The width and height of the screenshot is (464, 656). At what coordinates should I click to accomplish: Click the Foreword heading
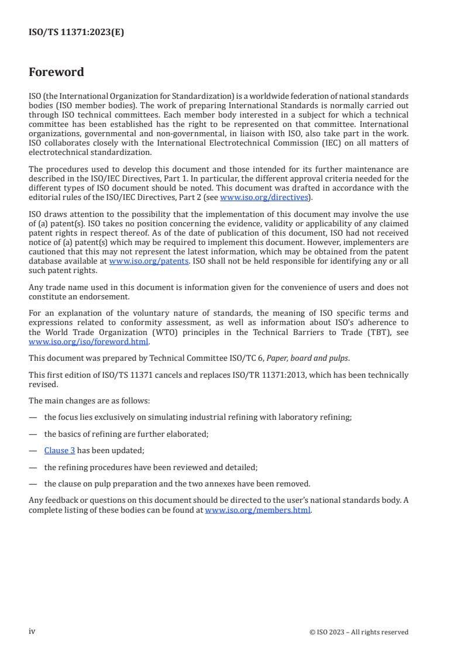click(x=56, y=72)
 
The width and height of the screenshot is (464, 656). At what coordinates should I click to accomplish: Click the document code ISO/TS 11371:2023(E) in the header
click(x=76, y=33)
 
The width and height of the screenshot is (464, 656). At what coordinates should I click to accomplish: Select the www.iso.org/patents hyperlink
click(x=149, y=261)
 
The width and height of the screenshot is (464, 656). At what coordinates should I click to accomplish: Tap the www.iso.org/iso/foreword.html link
click(x=89, y=342)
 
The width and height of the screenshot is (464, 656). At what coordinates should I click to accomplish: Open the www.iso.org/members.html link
click(x=257, y=510)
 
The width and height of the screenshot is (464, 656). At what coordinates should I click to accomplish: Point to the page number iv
click(x=32, y=631)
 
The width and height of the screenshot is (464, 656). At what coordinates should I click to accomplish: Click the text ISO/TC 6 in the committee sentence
click(x=248, y=358)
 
